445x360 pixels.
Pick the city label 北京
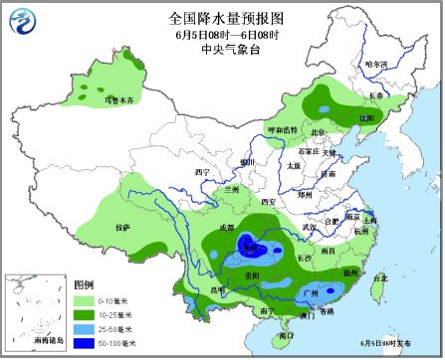(x=318, y=132)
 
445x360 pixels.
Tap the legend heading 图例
(x=86, y=283)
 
